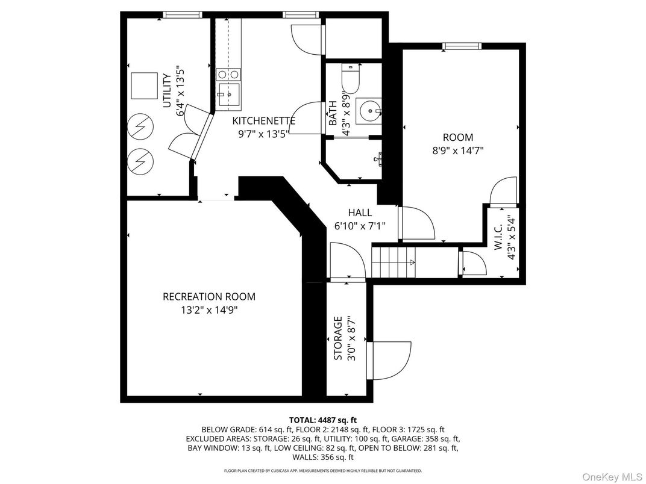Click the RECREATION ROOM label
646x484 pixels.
pos(209,297)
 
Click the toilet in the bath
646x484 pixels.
pos(350,76)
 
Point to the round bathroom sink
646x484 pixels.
pos(367,111)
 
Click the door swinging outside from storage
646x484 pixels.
pos(390,361)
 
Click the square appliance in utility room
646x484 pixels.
pos(144,85)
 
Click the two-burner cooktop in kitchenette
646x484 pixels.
pos(228,74)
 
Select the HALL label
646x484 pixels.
pos(360,213)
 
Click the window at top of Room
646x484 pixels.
pos(462,46)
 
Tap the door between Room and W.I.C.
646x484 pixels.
pos(504,193)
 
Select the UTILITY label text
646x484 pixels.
pos(167,91)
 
